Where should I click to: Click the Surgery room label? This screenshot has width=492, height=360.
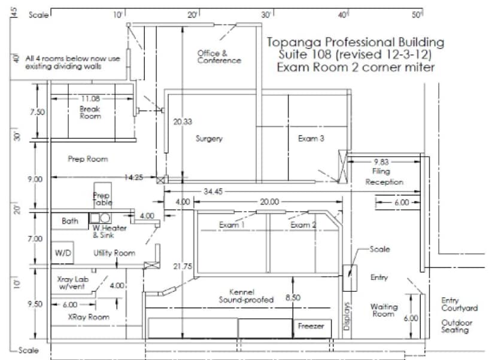coord(209,139)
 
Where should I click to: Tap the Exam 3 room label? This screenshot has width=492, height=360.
coord(311,138)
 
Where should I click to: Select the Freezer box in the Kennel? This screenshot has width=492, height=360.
coord(312,328)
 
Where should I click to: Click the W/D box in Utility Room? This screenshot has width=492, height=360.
coord(63,252)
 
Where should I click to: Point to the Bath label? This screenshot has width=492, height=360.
coord(69,221)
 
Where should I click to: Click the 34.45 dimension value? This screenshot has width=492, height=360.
coord(213,191)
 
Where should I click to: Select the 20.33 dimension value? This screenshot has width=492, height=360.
coord(183,121)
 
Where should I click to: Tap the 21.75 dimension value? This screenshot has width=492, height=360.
coord(183,266)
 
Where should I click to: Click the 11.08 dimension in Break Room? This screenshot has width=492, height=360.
coord(90,99)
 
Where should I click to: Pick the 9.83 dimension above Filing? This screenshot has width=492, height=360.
coord(381,162)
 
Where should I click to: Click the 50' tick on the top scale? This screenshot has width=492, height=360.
coord(417,15)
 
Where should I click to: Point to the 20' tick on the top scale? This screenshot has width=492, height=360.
coord(193,15)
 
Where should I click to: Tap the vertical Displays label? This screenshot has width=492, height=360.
coord(347,316)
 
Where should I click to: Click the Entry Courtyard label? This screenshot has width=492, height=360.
coord(459,304)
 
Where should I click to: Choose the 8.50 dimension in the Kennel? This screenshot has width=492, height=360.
coord(293,297)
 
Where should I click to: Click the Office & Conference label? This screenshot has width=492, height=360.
coord(219,57)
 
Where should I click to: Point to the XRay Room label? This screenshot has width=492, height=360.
coord(89,317)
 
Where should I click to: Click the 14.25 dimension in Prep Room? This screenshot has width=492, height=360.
coord(133,178)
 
